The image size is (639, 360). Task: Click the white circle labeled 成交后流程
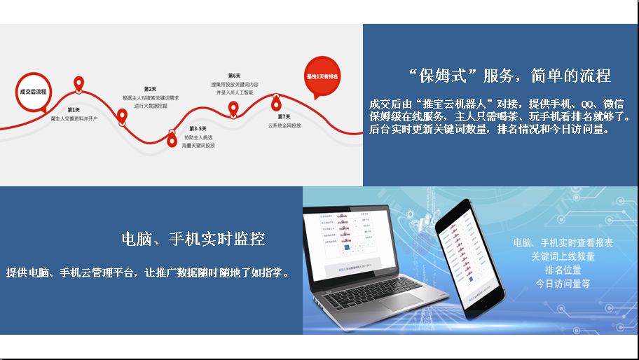(x=33, y=92)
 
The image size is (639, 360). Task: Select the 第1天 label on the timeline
(x=74, y=110)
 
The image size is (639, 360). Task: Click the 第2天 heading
(x=150, y=89)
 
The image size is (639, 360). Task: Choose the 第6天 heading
(x=234, y=76)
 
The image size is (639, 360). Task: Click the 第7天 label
(x=284, y=116)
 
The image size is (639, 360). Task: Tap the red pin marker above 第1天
(x=79, y=84)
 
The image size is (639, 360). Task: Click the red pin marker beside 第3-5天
(x=172, y=139)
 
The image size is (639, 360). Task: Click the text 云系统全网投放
(x=284, y=125)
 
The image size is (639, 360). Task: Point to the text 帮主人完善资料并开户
(x=74, y=119)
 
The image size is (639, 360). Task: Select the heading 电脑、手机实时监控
(x=193, y=239)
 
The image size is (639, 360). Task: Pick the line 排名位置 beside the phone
(x=563, y=270)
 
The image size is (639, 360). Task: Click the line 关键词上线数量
(x=563, y=256)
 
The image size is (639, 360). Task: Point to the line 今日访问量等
(x=563, y=284)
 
